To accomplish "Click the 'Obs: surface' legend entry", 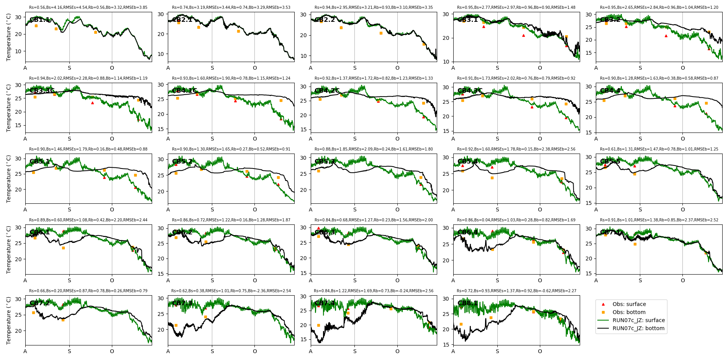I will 629,304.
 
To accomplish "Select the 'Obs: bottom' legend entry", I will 629,312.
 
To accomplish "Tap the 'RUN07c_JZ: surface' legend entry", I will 638,320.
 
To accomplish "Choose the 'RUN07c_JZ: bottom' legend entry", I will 638,328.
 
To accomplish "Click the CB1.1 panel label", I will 39,20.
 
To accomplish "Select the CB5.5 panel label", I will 610,162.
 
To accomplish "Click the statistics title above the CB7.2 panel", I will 88,291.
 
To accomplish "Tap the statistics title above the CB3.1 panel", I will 516,8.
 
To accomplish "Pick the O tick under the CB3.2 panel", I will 683,68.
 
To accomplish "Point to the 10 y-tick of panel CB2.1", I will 161,54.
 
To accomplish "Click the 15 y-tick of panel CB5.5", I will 589,203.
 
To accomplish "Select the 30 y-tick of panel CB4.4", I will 589,87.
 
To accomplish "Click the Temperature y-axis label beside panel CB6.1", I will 9,249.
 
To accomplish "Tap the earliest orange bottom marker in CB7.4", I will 318,325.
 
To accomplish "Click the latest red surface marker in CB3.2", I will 709,49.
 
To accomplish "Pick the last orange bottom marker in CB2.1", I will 238,31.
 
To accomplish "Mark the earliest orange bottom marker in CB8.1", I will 461,324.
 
